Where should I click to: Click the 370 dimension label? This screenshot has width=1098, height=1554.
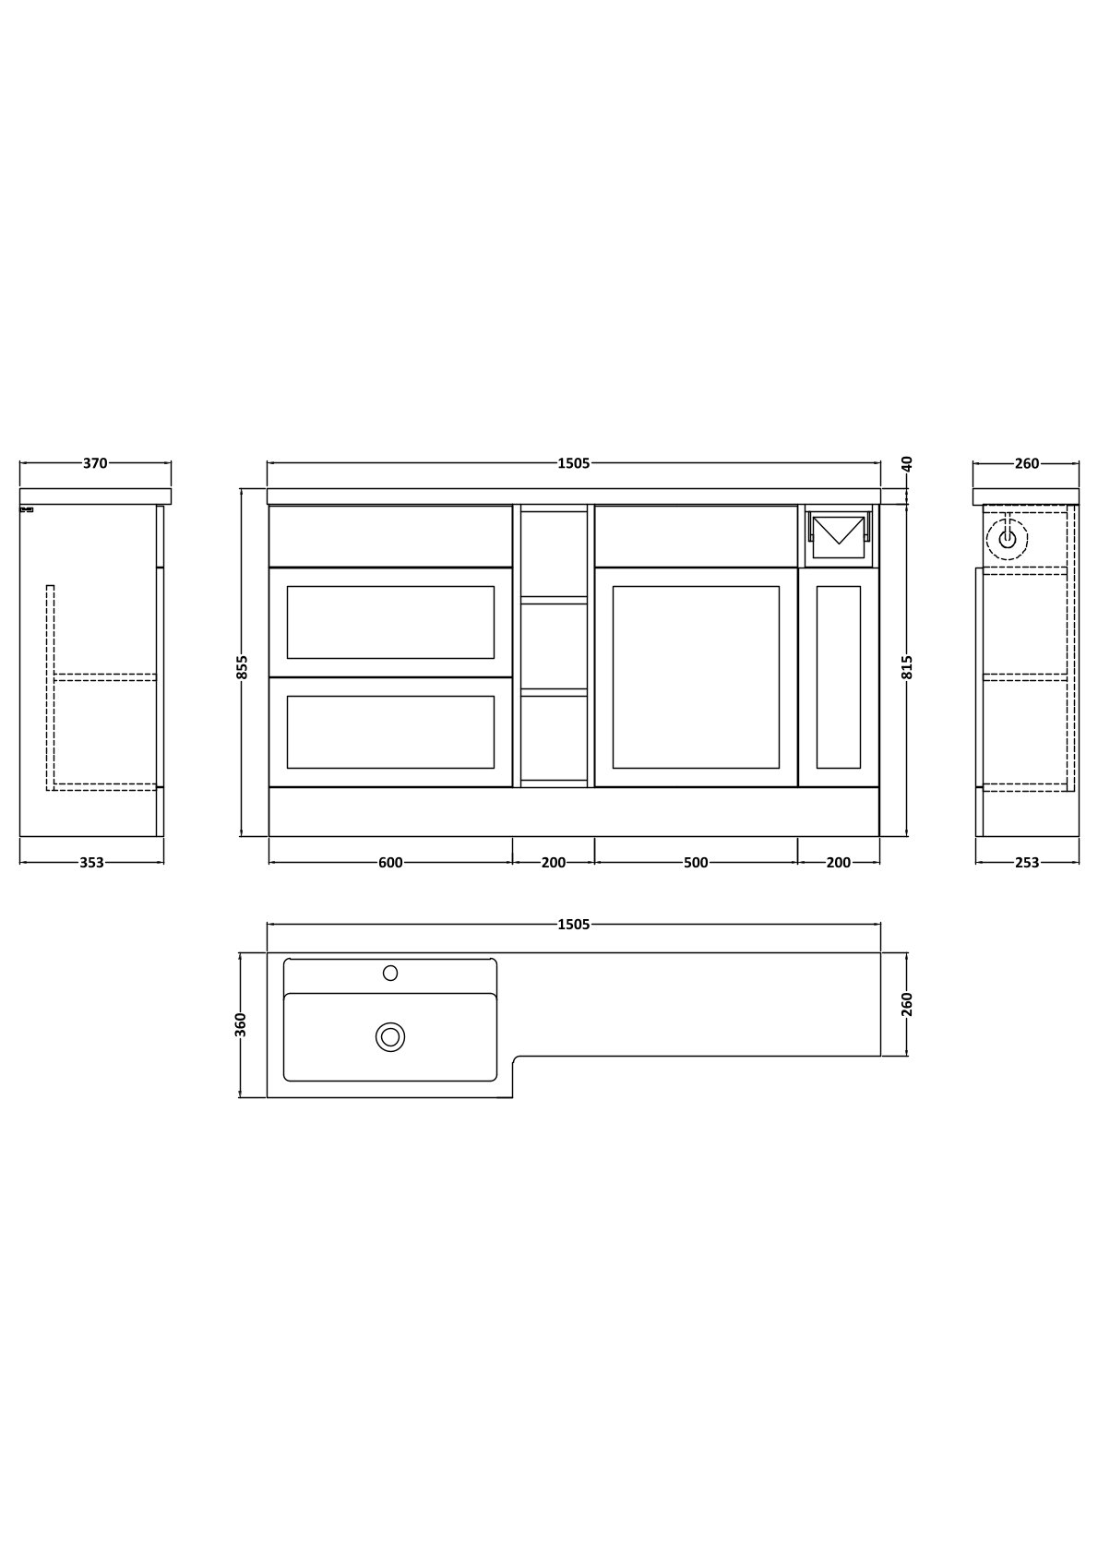tap(95, 463)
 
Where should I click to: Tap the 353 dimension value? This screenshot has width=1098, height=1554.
tap(91, 862)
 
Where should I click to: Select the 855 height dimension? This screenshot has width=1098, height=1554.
tap(242, 666)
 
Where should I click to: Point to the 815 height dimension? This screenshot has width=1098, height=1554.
tap(907, 666)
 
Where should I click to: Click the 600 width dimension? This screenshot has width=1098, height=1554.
tap(390, 862)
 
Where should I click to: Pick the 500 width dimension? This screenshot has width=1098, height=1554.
tap(696, 862)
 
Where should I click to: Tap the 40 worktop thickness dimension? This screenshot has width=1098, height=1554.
tap(907, 463)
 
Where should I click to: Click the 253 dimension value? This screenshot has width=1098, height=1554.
tap(1027, 862)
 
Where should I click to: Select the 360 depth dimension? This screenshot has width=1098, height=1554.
tap(241, 1024)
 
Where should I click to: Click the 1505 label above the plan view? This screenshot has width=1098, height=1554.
tap(574, 925)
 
